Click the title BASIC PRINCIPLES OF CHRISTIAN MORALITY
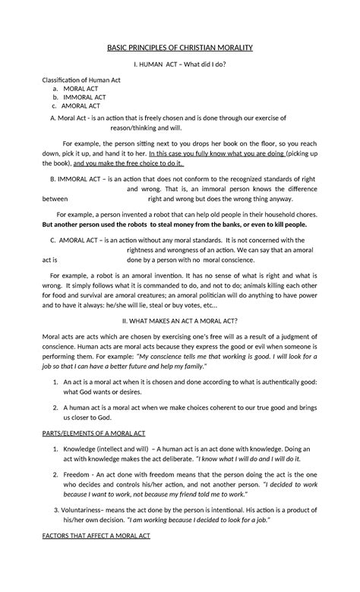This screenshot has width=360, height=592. [179, 48]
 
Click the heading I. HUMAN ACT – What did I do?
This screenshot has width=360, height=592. [179, 64]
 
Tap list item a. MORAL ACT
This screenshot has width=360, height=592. [70, 89]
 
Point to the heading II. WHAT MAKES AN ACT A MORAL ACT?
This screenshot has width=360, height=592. [180, 300]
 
